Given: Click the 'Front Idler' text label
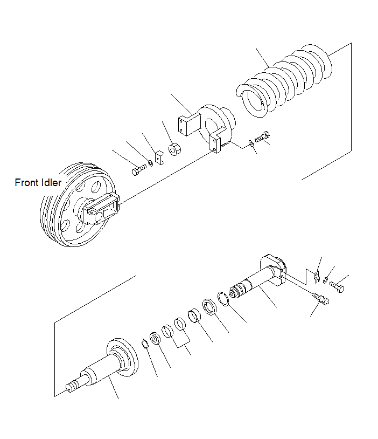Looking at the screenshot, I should (x=38, y=183).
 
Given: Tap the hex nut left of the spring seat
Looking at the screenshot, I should (x=174, y=149).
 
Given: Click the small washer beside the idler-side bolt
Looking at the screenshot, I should (x=150, y=163).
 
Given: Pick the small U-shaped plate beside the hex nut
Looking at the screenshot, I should (x=160, y=157).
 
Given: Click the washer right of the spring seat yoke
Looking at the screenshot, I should (x=251, y=143).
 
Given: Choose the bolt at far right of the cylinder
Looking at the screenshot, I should (x=338, y=286).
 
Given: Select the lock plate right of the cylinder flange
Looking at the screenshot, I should (x=316, y=276).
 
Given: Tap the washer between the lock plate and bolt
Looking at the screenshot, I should (x=327, y=279).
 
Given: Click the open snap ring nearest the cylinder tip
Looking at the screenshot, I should (x=223, y=298).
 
